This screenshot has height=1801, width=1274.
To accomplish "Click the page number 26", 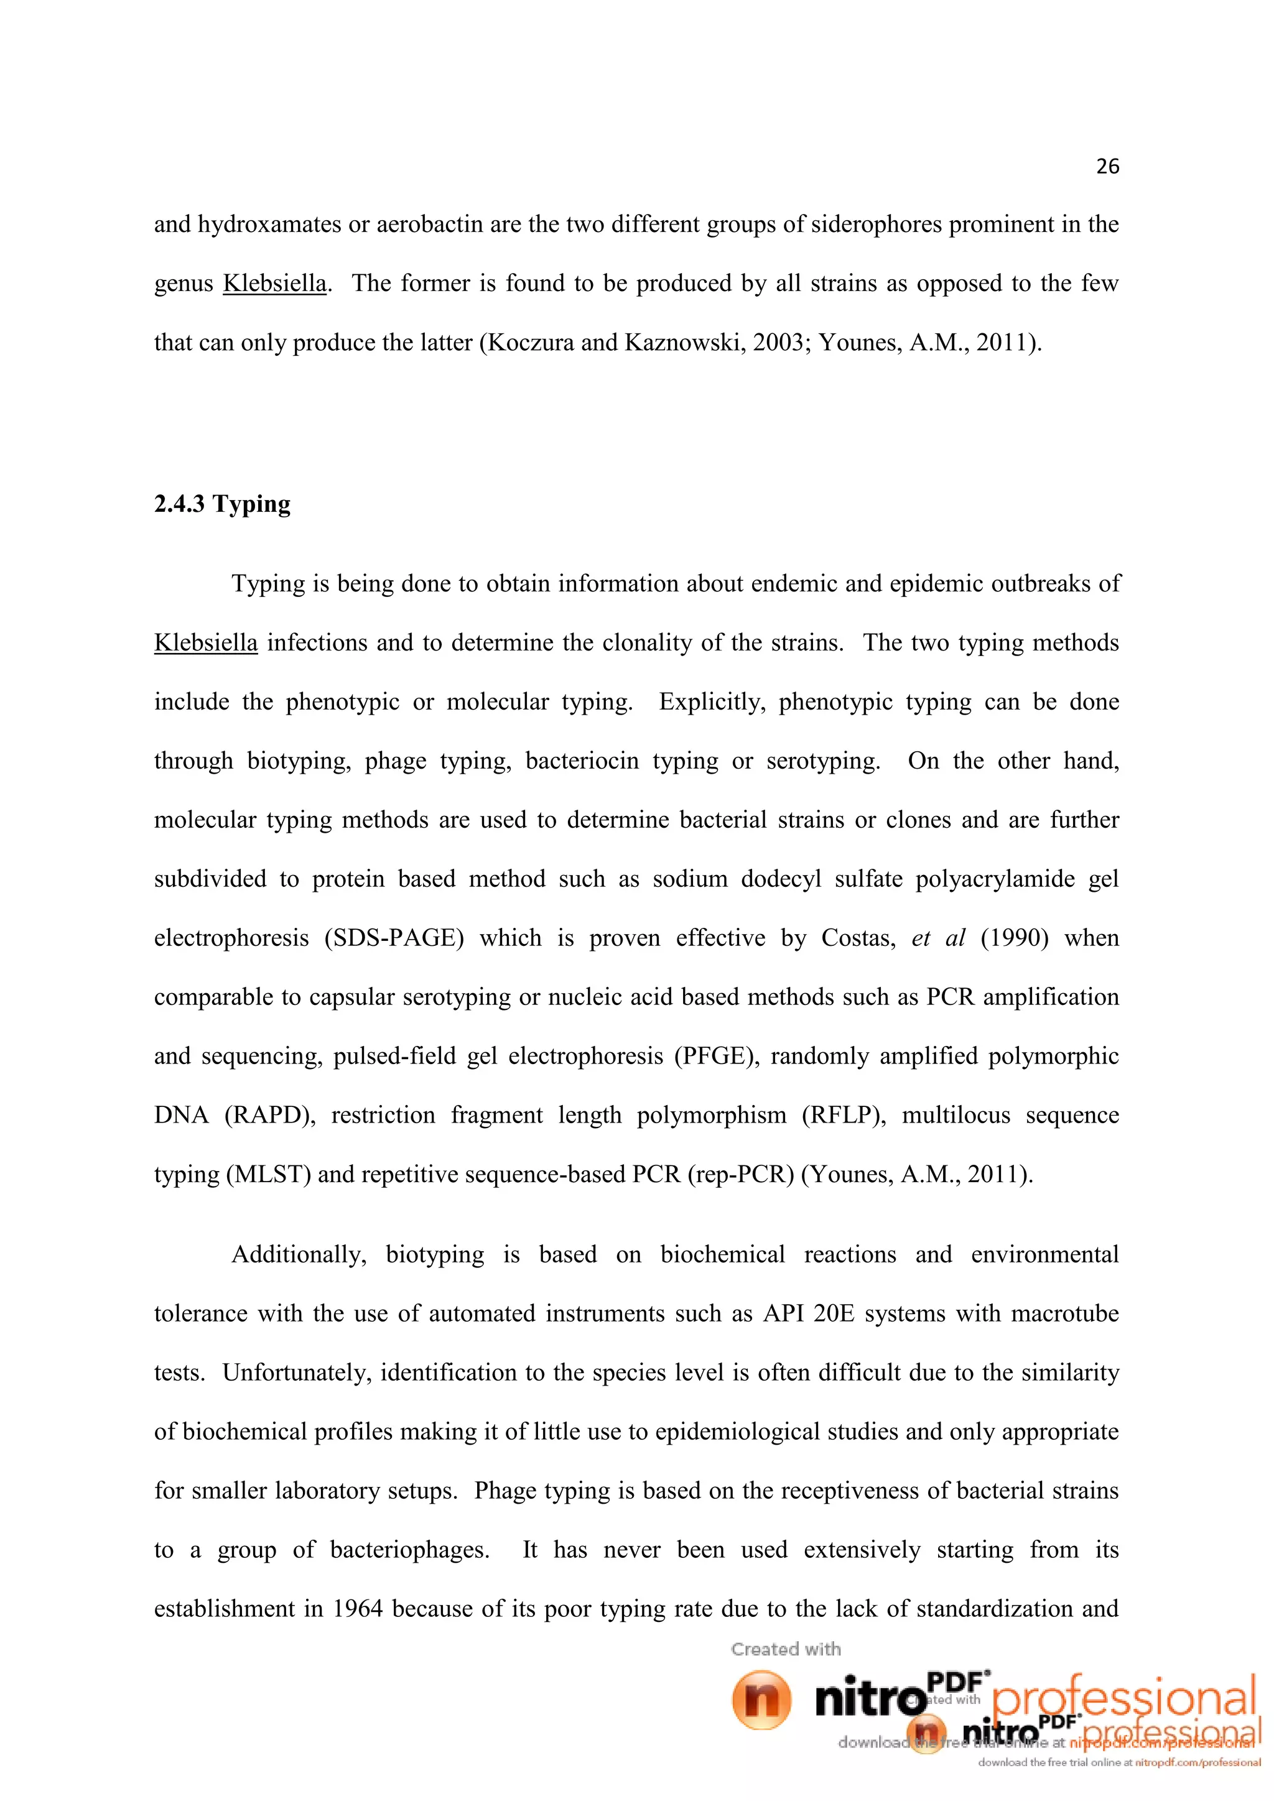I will pyautogui.click(x=1107, y=166).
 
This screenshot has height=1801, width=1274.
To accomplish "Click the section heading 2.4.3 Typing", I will pyautogui.click(x=222, y=504).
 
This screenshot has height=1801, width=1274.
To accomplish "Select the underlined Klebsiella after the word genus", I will pyautogui.click(x=274, y=283).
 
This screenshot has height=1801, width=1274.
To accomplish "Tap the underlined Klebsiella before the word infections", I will pyautogui.click(x=205, y=643).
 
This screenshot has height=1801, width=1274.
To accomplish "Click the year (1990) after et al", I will pyautogui.click(x=1015, y=938).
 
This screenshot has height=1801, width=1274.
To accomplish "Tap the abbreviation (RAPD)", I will pyautogui.click(x=270, y=1116).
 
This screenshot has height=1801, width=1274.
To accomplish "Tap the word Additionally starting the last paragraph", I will pyautogui.click(x=298, y=1255).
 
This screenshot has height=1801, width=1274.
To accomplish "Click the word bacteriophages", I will pyautogui.click(x=409, y=1550).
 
